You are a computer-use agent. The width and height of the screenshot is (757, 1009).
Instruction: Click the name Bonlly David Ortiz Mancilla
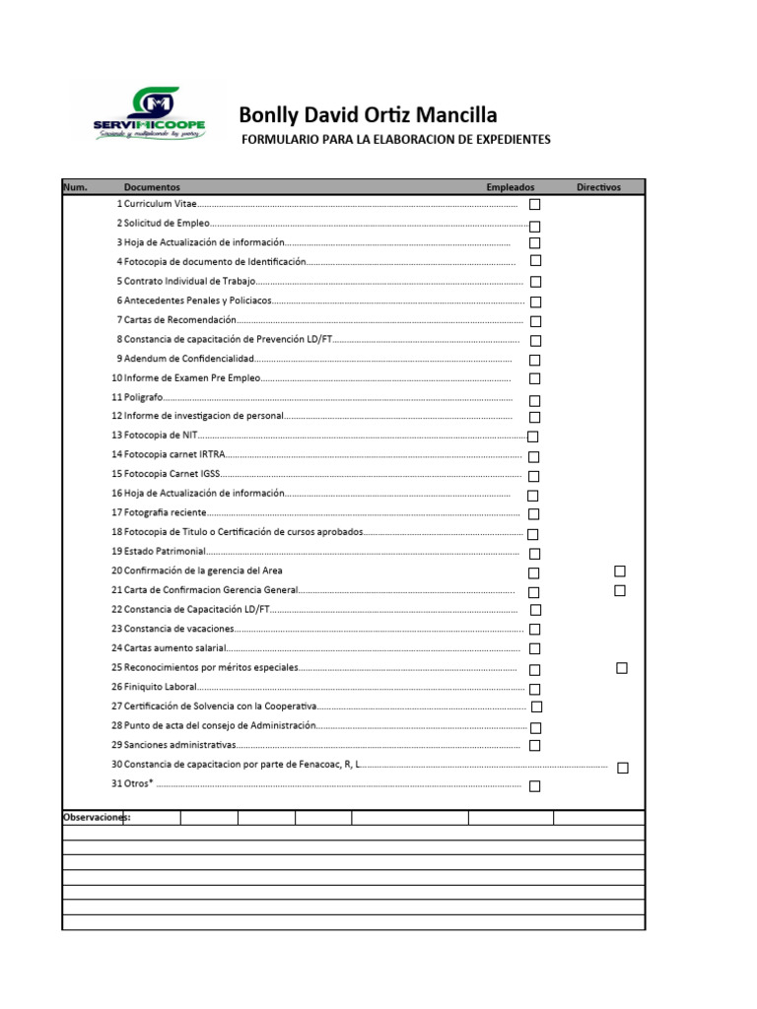pyautogui.click(x=368, y=116)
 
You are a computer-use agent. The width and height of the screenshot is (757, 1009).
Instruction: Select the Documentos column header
pyautogui.click(x=152, y=187)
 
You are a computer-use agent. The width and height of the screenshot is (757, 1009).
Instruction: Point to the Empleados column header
pyautogui.click(x=510, y=187)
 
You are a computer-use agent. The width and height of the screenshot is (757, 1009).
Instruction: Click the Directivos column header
pyautogui.click(x=598, y=187)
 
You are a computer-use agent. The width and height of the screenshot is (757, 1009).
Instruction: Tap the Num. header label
pyautogui.click(x=75, y=187)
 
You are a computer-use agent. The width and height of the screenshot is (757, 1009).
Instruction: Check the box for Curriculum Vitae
pyautogui.click(x=535, y=205)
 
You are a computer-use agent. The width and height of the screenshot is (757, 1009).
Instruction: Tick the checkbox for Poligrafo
pyautogui.click(x=534, y=401)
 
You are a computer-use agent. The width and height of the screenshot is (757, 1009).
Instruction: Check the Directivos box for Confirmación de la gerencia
pyautogui.click(x=620, y=571)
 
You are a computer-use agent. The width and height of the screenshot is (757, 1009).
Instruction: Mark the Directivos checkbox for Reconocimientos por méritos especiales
pyautogui.click(x=622, y=668)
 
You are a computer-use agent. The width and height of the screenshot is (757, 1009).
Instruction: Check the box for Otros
pyautogui.click(x=534, y=786)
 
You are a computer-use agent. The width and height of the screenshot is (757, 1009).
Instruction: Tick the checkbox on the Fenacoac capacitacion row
pyautogui.click(x=623, y=768)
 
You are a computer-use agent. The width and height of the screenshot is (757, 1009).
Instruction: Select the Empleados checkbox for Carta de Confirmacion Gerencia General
pyautogui.click(x=533, y=592)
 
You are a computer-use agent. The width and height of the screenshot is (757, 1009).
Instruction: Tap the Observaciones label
pyautogui.click(x=97, y=818)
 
